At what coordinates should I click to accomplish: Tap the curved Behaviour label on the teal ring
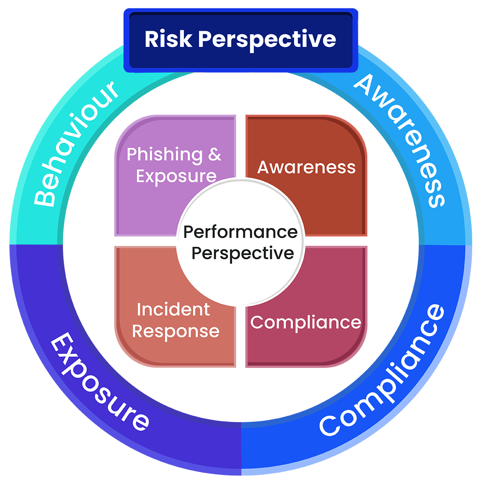76,143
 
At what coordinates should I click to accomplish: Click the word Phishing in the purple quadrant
159,155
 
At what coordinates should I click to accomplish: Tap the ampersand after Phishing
214,154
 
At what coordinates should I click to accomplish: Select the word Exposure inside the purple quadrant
176,176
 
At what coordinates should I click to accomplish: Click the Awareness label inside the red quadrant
307,167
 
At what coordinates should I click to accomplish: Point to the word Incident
173,309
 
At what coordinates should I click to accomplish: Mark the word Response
176,332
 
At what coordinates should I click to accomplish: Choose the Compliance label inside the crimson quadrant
306,322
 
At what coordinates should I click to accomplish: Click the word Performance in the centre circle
241,232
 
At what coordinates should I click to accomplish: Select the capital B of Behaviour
44,198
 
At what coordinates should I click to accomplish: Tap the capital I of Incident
139,309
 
